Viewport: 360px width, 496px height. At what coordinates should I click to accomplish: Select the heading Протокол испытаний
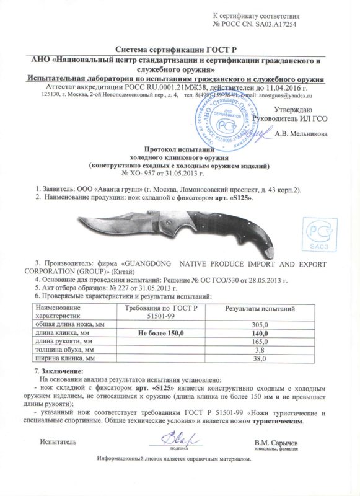(x=178, y=149)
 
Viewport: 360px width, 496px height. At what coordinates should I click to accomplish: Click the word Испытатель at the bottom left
(x=58, y=442)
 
